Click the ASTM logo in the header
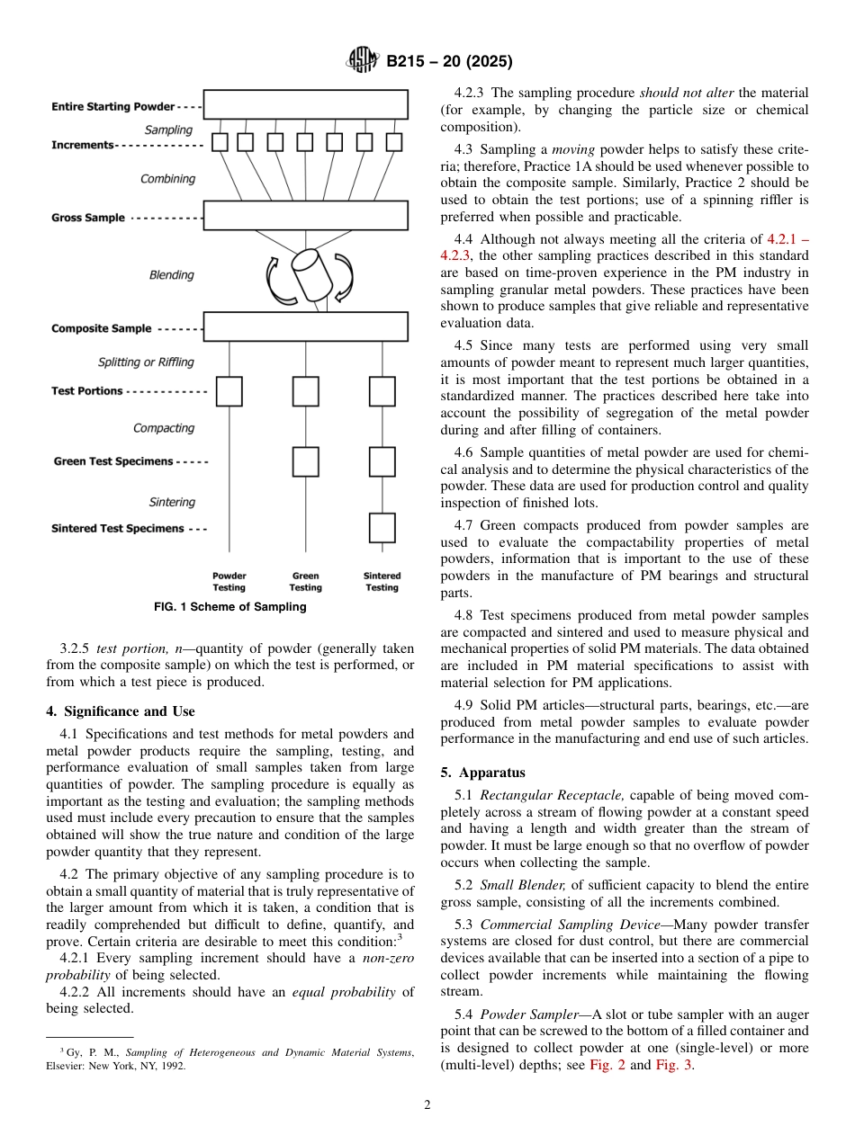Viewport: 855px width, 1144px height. point(363,61)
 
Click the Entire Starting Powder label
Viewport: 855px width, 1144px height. point(112,107)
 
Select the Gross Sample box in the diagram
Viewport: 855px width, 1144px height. point(305,216)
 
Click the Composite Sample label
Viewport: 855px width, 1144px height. point(101,329)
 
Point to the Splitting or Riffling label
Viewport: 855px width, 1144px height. point(146,362)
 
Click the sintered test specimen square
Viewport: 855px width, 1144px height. point(382,528)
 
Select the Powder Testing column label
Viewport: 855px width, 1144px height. point(229,582)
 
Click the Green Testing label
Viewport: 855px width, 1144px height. point(305,582)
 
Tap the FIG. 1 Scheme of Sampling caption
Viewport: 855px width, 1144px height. point(229,607)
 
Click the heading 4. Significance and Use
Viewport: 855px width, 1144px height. point(120,711)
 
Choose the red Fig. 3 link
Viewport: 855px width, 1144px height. point(674,1065)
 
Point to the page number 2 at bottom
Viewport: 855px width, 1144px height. point(427,1106)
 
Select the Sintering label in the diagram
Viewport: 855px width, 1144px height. point(172,502)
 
